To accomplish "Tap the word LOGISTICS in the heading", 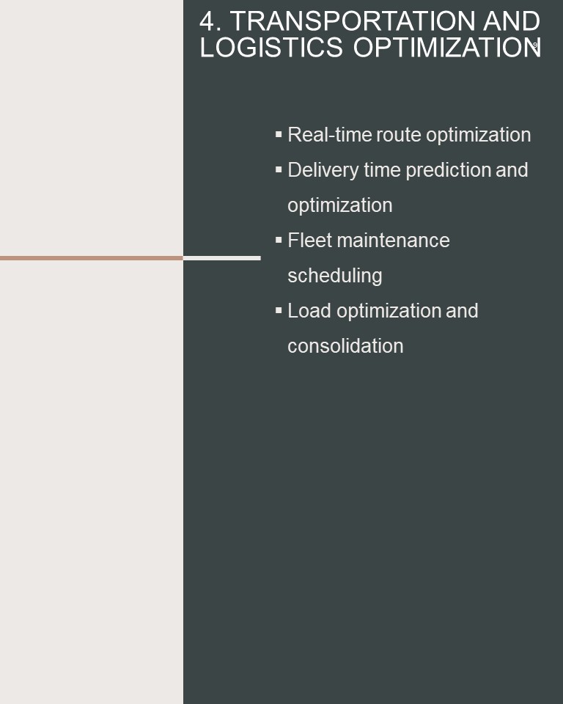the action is coord(272,47).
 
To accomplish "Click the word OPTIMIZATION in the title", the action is coord(447,47).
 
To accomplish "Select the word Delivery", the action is coord(323,170).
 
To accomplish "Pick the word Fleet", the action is coord(310,241).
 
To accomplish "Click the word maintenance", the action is coord(393,241).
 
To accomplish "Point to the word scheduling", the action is coord(335,276).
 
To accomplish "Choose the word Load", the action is coord(309,311).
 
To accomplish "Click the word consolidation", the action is coord(345,346).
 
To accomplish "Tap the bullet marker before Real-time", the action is coord(279,134).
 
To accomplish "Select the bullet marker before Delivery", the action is coord(279,169).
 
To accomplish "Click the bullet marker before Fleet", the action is coord(279,240).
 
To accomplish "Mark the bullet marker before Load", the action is coord(279,310).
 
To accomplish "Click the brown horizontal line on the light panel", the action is coord(92,258).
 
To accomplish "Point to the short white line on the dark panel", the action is coord(222,258).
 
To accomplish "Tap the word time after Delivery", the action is coord(382,170).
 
